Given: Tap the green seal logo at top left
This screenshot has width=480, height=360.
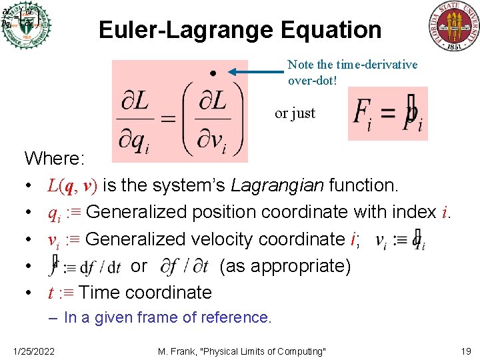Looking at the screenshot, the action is [x=26, y=25].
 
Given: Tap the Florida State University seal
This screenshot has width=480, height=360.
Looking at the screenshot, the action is [x=453, y=26].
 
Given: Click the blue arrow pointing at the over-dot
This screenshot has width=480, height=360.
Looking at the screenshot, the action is [x=257, y=72].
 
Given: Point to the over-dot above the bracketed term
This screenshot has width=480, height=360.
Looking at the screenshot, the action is [x=213, y=73].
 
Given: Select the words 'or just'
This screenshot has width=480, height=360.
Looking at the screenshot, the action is [x=295, y=113].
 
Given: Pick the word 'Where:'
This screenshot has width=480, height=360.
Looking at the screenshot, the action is [x=55, y=159].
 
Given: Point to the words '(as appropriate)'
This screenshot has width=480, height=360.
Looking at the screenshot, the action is [x=285, y=266].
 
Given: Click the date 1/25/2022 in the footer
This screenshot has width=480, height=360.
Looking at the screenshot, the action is [x=33, y=351].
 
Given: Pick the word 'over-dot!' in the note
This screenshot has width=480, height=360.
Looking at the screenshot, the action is [x=315, y=79].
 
